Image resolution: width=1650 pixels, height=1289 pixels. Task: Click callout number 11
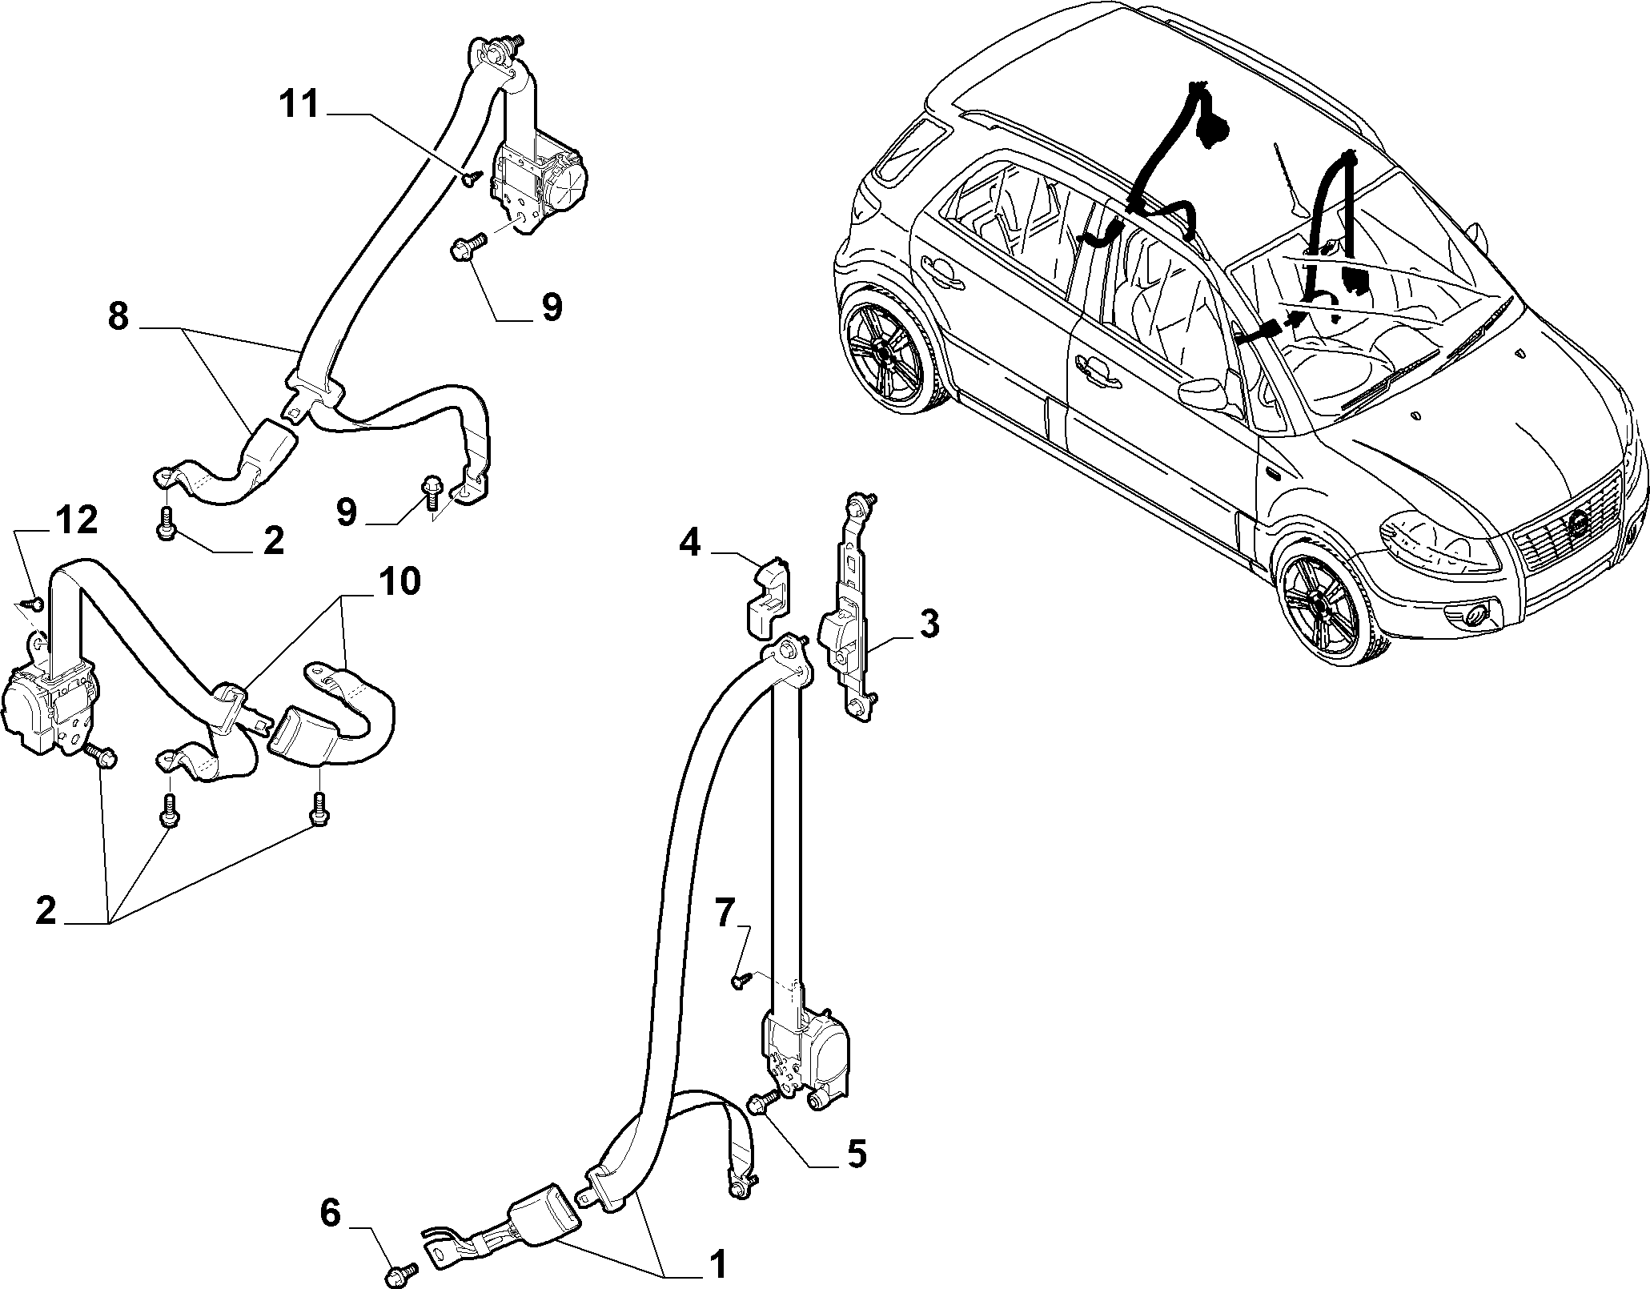[299, 105]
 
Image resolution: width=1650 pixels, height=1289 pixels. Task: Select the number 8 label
[118, 317]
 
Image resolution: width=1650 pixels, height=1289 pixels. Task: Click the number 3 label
[929, 624]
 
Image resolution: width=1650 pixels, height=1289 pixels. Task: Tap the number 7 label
[724, 914]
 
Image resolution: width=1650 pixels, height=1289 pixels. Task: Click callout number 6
[331, 1215]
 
